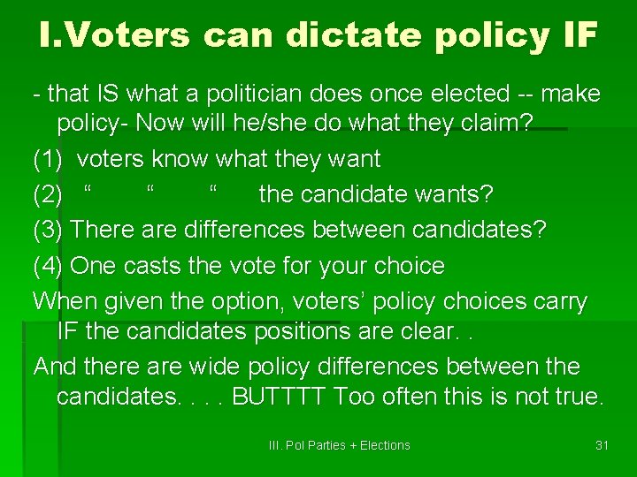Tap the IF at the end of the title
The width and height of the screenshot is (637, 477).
click(576, 34)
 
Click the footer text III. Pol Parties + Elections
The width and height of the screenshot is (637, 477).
click(339, 445)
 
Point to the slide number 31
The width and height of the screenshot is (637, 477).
click(602, 445)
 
